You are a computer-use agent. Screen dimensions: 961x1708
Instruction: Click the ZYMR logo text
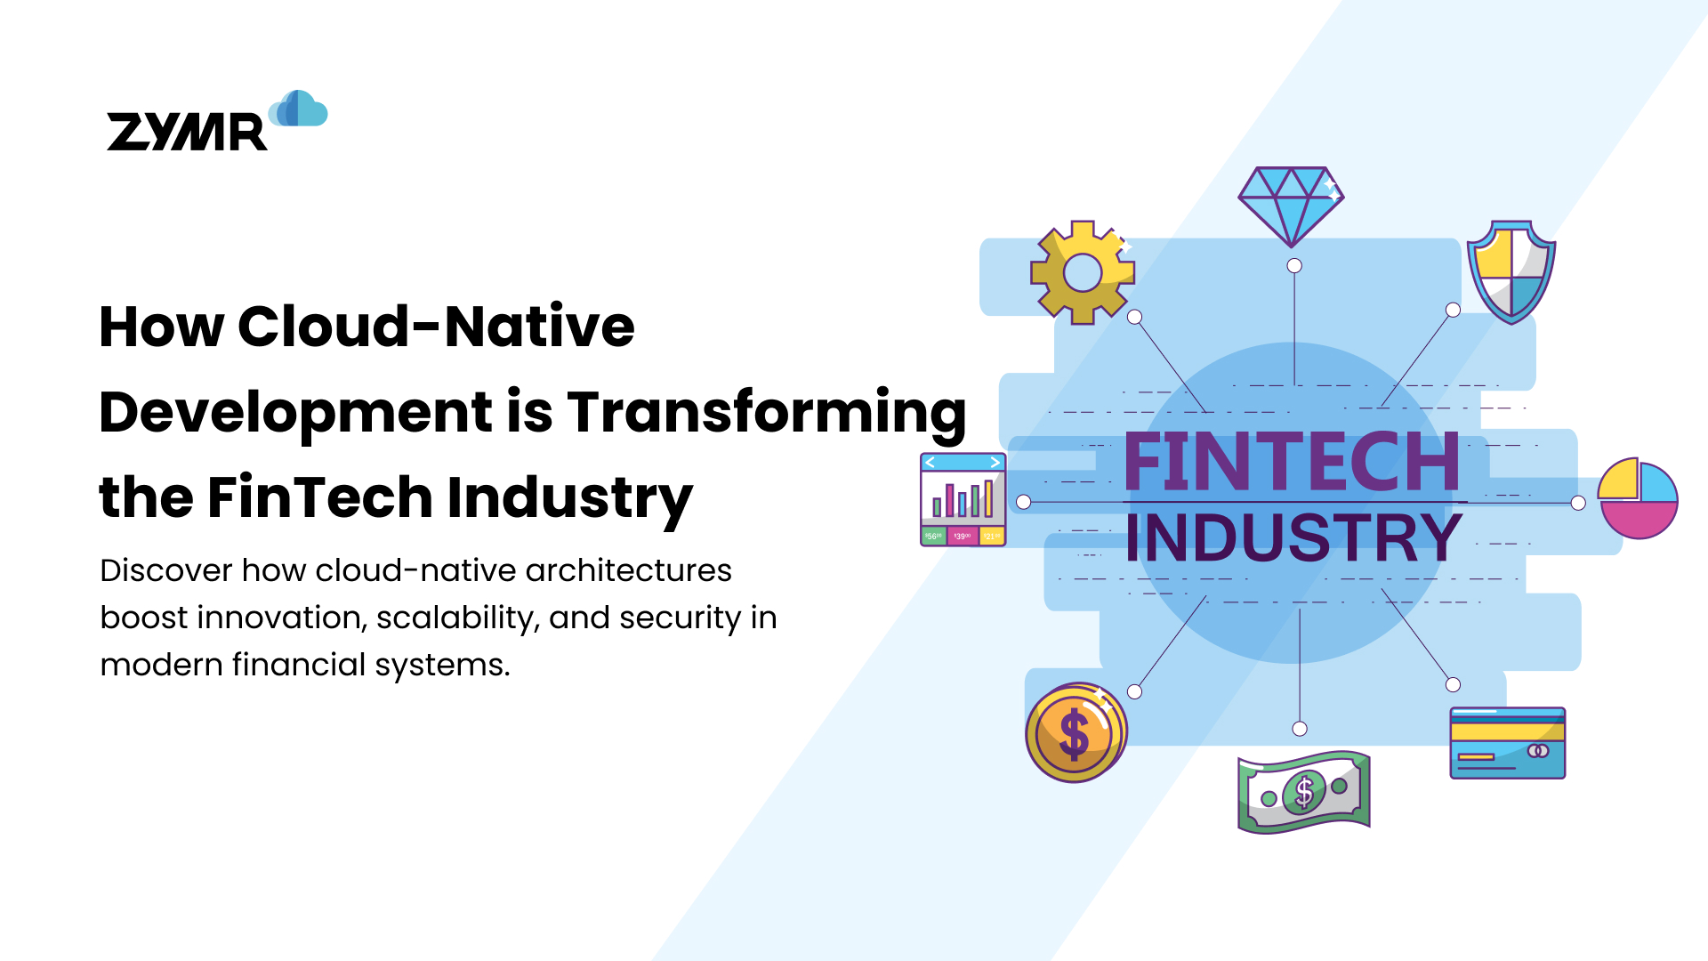pos(187,132)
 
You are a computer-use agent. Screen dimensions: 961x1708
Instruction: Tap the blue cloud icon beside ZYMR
pos(299,109)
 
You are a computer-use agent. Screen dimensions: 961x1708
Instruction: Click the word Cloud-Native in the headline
pos(436,327)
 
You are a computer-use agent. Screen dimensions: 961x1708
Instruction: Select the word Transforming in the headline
pos(766,412)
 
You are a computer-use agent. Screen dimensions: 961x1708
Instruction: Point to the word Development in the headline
pos(295,412)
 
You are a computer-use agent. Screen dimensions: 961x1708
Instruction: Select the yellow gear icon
pos(1082,272)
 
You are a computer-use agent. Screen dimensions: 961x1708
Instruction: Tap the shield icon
pos(1511,271)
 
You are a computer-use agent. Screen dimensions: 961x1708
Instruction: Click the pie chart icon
pos(1637,498)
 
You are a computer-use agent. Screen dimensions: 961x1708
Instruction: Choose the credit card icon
pos(1507,743)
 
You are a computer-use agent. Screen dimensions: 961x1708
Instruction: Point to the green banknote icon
pos(1303,791)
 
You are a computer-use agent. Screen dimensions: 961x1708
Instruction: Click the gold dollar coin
pos(1076,733)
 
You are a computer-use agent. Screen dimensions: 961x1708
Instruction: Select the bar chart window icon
pos(963,499)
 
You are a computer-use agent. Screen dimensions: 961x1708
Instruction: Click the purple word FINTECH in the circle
pos(1292,462)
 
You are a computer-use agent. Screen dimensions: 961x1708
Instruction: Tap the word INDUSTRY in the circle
pos(1293,537)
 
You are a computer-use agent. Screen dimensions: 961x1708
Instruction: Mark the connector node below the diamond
pos(1294,266)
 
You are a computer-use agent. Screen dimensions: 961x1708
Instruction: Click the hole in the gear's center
pos(1082,273)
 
